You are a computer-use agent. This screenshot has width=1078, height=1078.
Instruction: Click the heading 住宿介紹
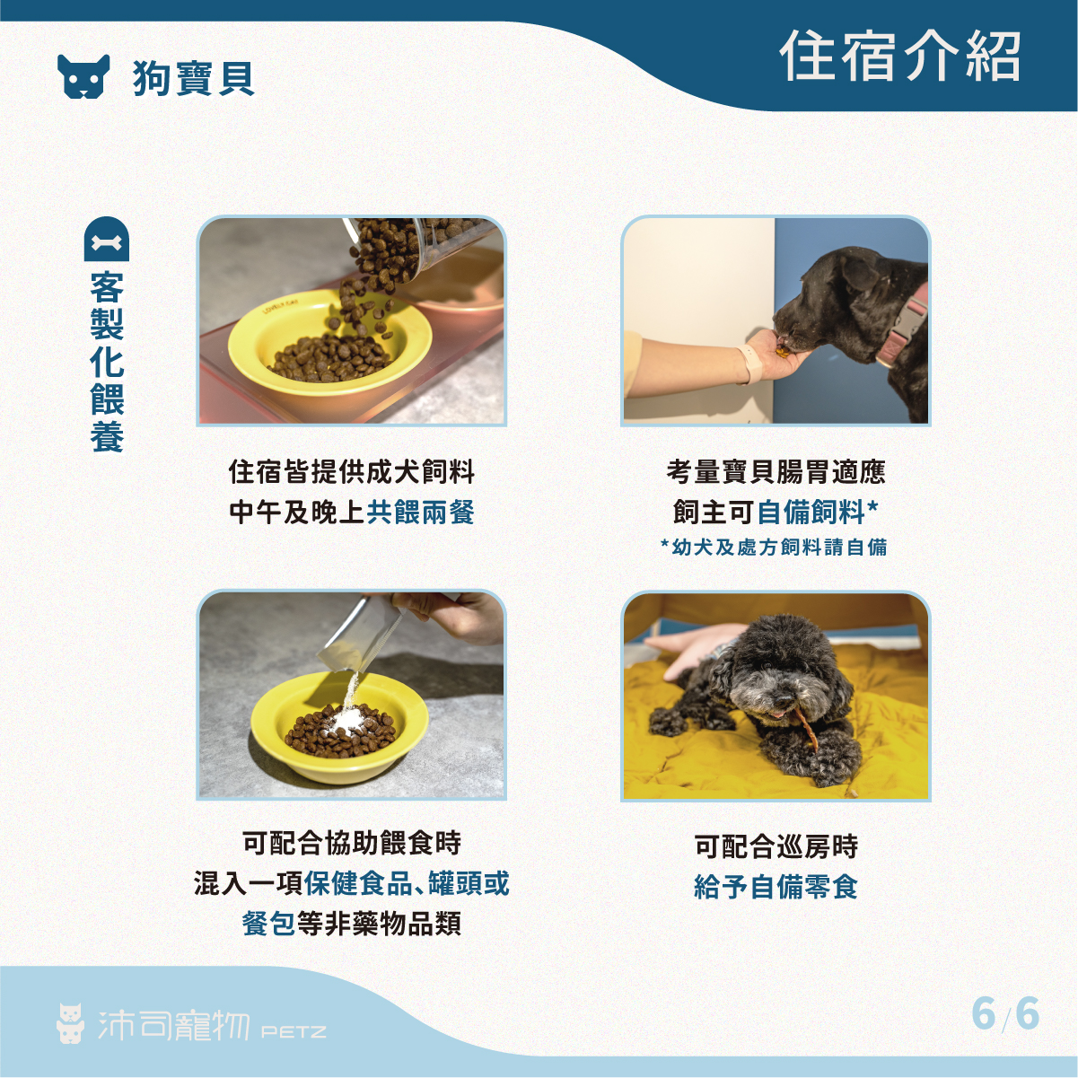pos(899,57)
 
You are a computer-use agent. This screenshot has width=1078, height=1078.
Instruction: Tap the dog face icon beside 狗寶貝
pos(83,76)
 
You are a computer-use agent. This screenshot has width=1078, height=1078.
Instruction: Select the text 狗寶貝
pos(194,78)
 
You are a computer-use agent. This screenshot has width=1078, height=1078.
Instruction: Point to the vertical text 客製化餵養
pos(107,362)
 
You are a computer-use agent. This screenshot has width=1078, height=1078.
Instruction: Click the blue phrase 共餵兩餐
pos(420,512)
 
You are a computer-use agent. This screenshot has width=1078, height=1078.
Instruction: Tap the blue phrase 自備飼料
pos(811,512)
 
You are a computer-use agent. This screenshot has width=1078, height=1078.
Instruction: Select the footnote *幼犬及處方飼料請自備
pos(774,547)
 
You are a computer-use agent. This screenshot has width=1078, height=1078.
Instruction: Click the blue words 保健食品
pos(359,883)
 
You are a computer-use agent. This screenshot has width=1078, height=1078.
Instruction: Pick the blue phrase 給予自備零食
pos(776,887)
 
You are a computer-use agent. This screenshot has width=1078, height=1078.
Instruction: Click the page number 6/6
pos(1004,1014)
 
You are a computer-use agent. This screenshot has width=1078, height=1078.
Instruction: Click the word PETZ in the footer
pos(294,1031)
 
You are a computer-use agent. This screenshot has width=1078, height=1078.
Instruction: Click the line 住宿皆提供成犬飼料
pos(351,471)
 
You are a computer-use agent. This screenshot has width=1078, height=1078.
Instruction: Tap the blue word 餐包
pos(268,924)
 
